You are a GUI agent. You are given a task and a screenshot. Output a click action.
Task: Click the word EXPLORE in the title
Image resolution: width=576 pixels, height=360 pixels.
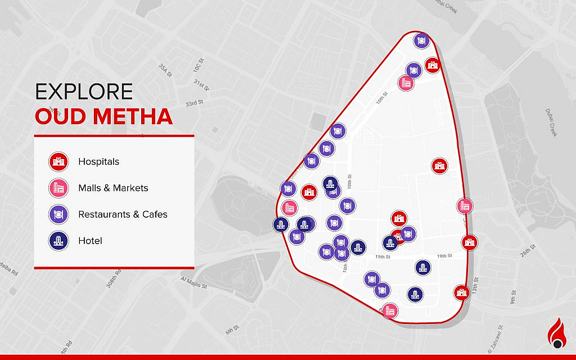[84, 92]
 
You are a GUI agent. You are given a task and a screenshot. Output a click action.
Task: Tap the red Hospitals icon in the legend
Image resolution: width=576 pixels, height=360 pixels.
[58, 161]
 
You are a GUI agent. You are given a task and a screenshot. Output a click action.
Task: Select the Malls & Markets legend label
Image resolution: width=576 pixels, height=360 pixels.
[113, 188]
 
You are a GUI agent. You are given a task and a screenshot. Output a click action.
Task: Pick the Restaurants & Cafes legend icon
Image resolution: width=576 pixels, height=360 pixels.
[58, 214]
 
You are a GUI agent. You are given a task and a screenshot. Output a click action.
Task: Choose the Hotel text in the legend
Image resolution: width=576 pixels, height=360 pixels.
[90, 241]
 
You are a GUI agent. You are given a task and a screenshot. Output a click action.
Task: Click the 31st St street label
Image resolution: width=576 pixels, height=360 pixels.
[201, 85]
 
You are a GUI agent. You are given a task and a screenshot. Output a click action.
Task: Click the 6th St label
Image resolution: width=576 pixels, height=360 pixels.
[232, 330]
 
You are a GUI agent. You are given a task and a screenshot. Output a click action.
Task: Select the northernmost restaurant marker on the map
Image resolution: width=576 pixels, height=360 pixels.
[421, 40]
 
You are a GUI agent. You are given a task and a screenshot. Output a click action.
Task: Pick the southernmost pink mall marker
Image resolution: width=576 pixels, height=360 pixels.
[389, 310]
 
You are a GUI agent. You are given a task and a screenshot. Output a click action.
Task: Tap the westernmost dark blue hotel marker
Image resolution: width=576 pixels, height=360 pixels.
[281, 225]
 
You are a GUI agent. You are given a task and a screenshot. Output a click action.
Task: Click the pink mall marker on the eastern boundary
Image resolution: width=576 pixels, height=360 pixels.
[465, 206]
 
